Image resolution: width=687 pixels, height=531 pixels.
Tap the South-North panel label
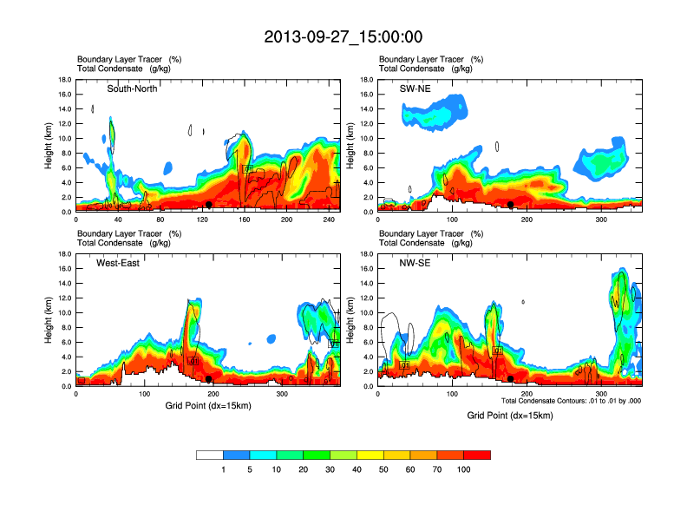point(132,88)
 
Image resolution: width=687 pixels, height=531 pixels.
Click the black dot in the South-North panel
point(209,205)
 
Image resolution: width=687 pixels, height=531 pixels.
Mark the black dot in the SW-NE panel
point(511,205)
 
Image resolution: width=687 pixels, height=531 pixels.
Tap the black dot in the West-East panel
point(209,379)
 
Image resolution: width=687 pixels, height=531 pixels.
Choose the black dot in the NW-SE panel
point(511,379)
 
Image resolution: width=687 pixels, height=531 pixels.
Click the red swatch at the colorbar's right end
point(477,455)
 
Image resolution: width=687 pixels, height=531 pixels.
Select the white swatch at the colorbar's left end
point(210,455)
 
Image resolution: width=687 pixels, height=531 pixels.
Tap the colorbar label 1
point(224,469)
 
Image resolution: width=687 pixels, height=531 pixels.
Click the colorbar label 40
point(357,469)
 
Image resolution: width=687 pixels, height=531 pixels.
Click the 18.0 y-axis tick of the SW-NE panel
point(368,80)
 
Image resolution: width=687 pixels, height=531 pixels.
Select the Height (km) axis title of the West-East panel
point(49,320)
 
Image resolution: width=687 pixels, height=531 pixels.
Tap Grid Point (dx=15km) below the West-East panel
point(208,404)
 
